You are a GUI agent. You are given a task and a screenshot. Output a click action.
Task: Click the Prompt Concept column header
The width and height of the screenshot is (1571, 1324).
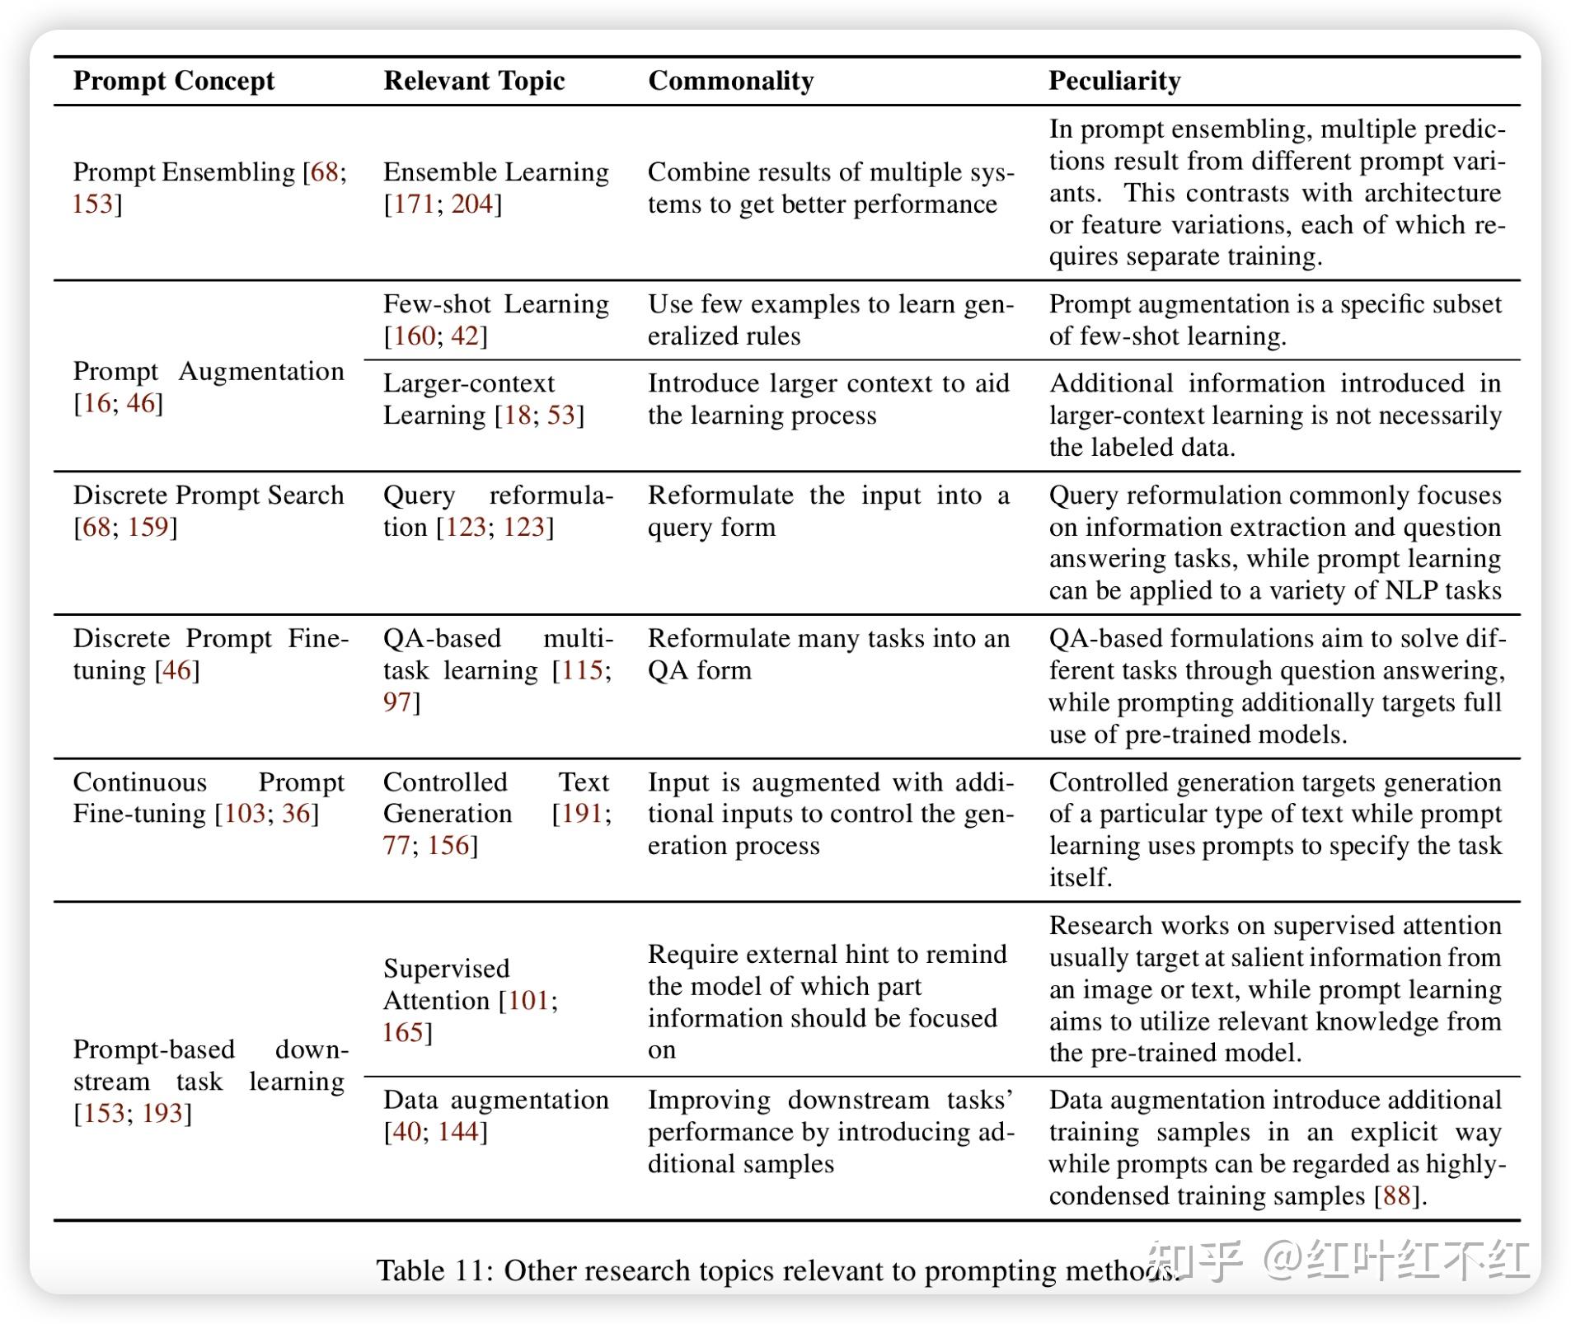point(173,81)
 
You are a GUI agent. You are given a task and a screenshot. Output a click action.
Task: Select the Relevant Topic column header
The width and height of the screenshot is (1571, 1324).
point(474,81)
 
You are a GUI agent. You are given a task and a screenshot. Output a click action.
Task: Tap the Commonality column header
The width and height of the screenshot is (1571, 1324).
point(730,81)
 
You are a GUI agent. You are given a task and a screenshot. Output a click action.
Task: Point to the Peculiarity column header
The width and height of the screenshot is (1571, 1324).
point(1114,81)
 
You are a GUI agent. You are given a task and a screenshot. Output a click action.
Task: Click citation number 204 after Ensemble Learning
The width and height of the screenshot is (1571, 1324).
point(471,204)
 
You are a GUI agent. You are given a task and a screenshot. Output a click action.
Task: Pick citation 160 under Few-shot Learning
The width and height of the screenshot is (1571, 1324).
point(415,336)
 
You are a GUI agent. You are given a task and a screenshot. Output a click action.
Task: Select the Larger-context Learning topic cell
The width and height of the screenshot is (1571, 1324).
point(483,399)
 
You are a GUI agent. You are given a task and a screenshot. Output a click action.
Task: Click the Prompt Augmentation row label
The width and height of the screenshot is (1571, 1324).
point(208,387)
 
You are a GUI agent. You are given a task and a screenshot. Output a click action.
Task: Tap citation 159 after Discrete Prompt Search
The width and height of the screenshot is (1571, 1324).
point(148,527)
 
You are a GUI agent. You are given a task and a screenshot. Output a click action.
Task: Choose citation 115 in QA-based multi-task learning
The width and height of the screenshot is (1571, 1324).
point(582,670)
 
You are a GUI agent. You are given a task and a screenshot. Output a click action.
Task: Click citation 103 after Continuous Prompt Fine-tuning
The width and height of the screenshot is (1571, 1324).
point(245,814)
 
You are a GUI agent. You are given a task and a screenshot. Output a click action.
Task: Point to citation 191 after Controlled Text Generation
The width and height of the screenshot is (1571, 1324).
point(582,814)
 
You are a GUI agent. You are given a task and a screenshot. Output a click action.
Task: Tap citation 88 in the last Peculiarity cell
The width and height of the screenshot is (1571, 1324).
point(1396,1195)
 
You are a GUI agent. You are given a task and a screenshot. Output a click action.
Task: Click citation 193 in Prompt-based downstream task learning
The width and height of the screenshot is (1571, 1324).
point(162,1114)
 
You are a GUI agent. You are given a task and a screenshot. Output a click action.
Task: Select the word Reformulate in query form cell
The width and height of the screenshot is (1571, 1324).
point(720,495)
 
